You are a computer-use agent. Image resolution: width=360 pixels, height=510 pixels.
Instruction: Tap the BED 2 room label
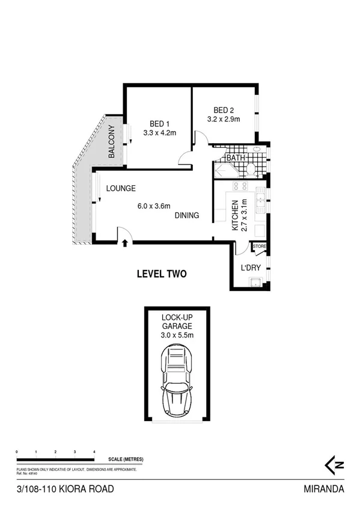click(224, 110)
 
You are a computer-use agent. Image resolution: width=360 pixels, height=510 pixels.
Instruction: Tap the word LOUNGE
click(121, 188)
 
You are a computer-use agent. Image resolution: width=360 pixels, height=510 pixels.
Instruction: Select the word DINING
click(187, 215)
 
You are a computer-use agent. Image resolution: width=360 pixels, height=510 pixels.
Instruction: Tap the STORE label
click(259, 246)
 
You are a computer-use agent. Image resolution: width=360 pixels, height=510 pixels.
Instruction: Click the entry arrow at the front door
click(124, 243)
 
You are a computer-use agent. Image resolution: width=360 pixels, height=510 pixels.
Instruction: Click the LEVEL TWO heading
click(161, 274)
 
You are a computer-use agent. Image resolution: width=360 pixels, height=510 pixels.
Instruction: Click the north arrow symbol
click(334, 464)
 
